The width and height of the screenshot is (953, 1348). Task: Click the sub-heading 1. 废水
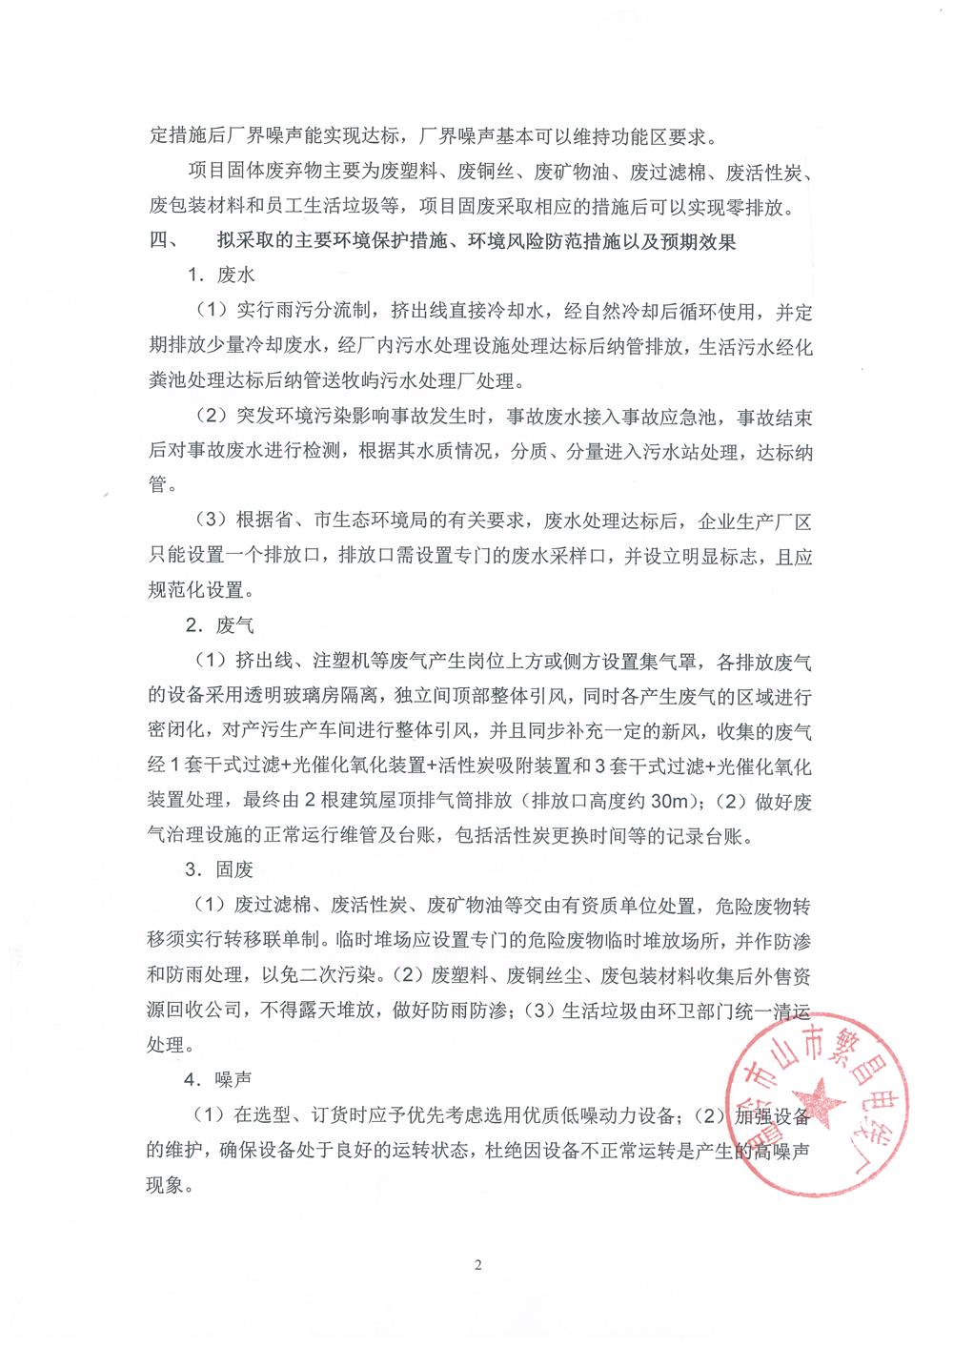pos(221,276)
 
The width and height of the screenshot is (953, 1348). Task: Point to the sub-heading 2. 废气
pos(221,625)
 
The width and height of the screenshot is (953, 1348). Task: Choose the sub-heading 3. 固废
pos(221,869)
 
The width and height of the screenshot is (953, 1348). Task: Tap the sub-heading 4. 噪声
pos(221,1079)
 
